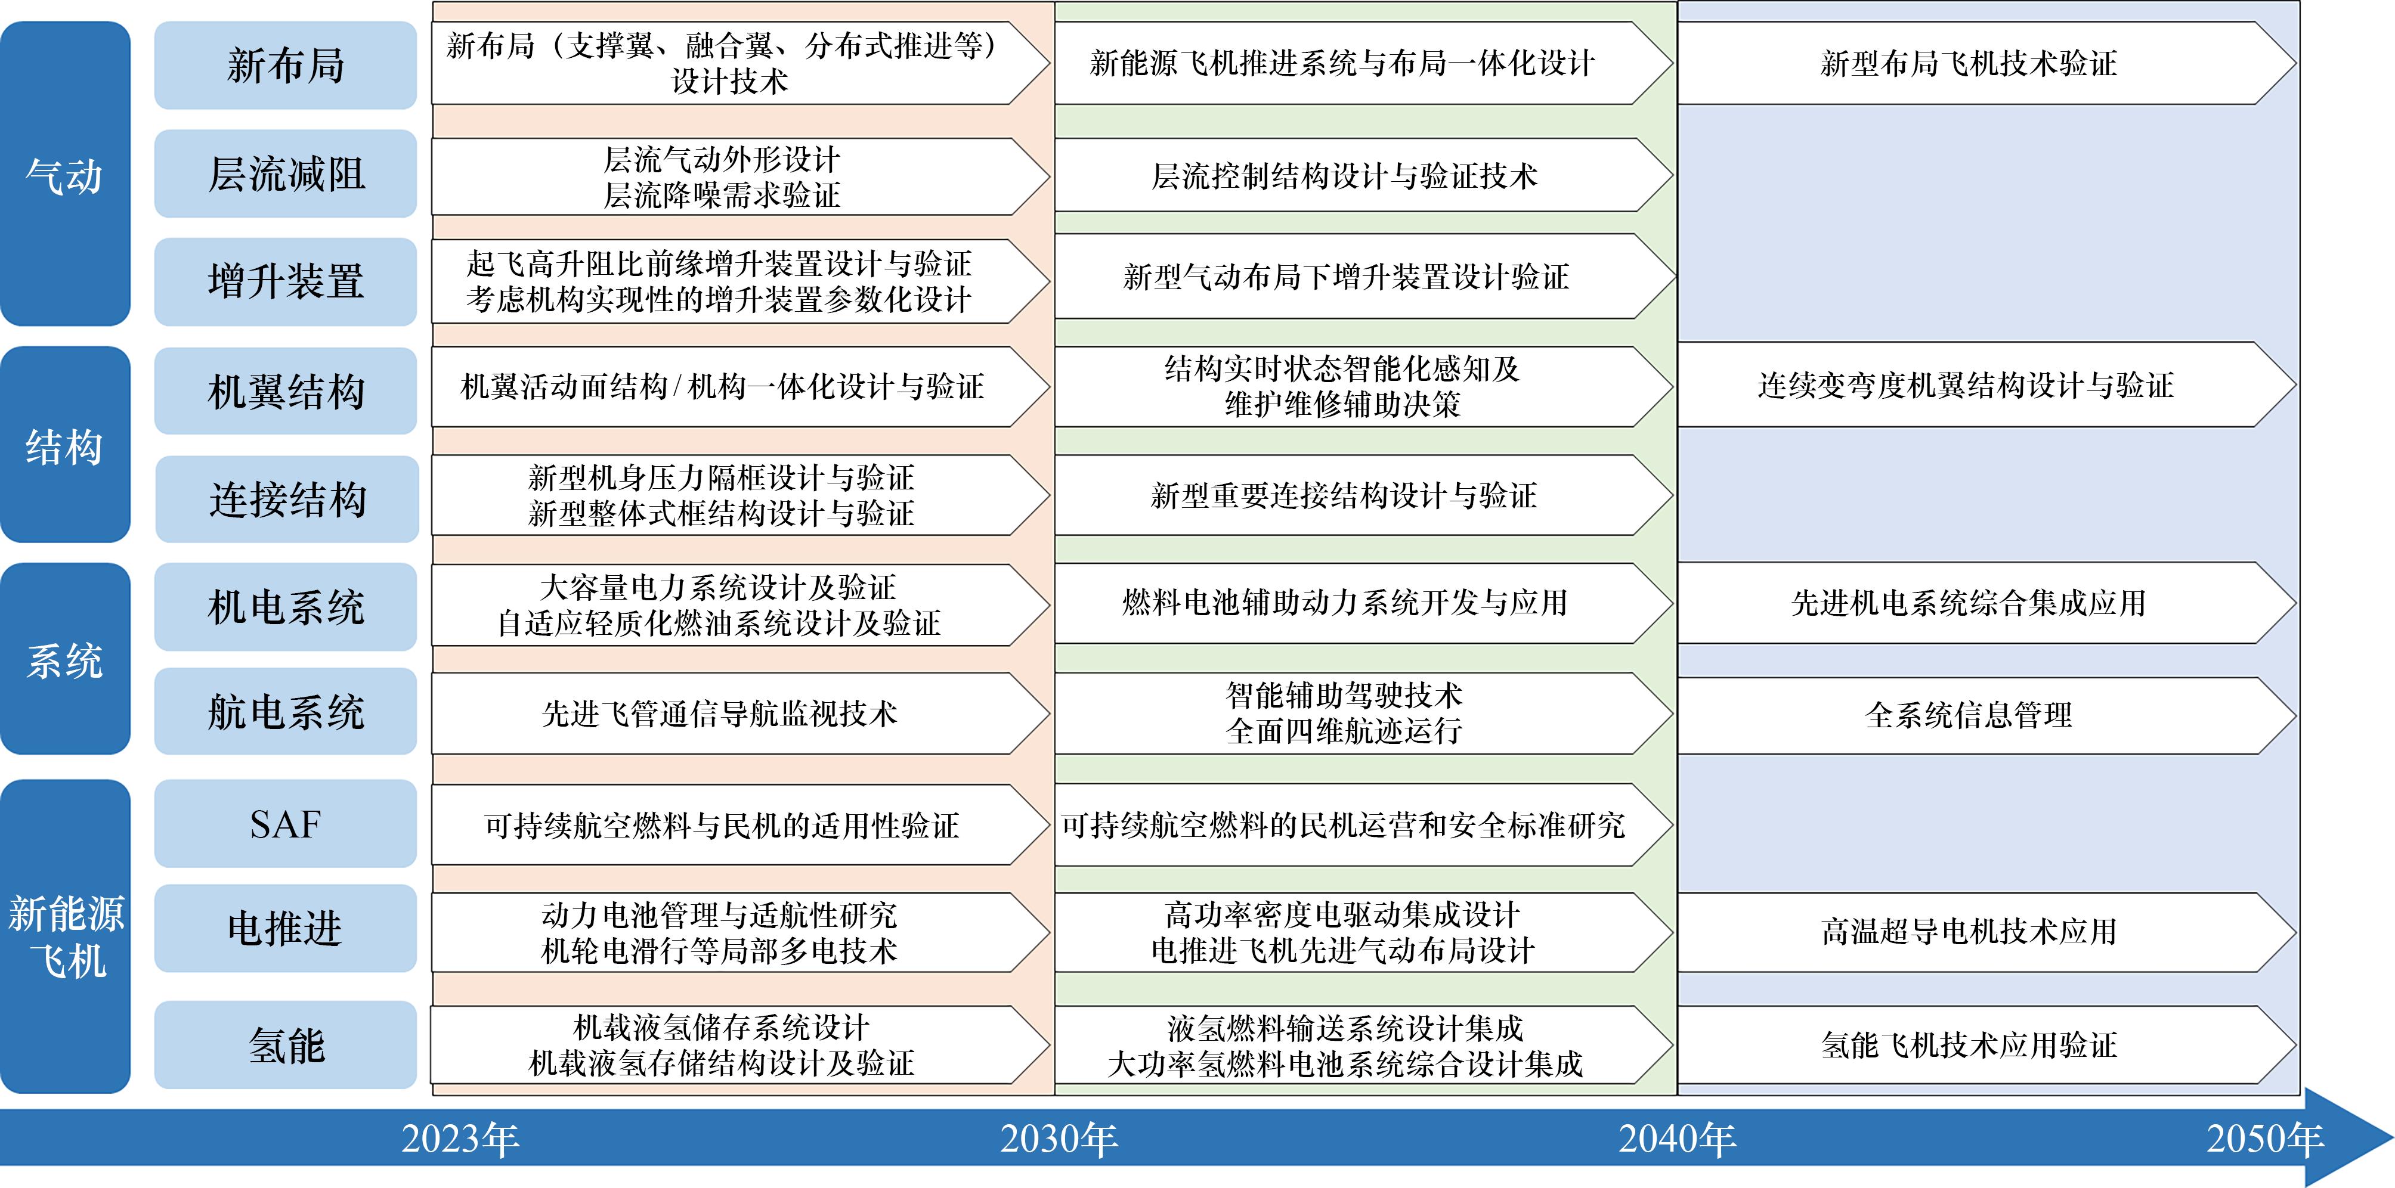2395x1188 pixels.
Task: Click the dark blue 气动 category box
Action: coord(65,174)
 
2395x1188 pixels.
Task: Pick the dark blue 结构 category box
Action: coord(65,444)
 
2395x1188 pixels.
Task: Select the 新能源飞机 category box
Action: coord(65,936)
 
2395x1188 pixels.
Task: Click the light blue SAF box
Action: coord(286,824)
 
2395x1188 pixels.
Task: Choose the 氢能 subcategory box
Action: coord(286,1045)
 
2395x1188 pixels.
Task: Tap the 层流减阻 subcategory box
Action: coord(286,174)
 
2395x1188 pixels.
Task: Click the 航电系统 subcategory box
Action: coord(286,711)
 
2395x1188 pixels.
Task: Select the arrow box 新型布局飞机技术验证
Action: coord(1987,63)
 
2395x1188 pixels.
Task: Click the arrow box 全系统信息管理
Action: coord(1987,715)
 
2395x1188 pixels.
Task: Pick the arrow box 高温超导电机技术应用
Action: coord(1987,932)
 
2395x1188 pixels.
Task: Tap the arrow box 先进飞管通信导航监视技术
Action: coord(740,714)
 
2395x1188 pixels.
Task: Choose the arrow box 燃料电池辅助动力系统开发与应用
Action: coord(1363,603)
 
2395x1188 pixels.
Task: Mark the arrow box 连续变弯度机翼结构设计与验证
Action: coord(1987,385)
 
